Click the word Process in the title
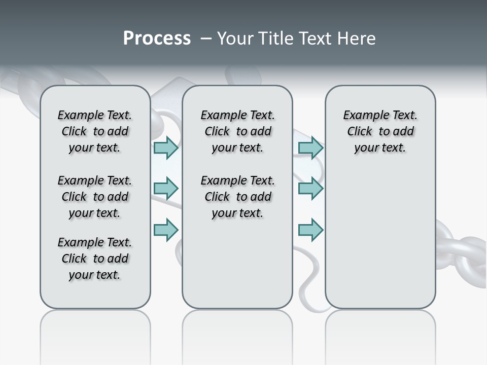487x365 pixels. tap(157, 38)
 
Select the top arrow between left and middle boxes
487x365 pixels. tap(166, 148)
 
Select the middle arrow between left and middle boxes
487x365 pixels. tap(166, 189)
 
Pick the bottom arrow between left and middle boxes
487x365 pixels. tap(166, 230)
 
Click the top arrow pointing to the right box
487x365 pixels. tap(310, 148)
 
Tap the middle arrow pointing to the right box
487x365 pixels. tap(310, 189)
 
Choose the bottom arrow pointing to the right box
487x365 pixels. tap(310, 230)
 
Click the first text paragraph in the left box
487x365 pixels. tap(95, 131)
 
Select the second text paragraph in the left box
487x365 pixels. tap(95, 197)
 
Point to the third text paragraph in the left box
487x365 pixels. tap(95, 259)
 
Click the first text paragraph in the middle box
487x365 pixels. tap(237, 131)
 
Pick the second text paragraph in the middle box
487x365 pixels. tap(237, 197)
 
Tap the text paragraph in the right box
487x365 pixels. tap(380, 131)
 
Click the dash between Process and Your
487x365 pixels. tap(206, 39)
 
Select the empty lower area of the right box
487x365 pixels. tap(380, 243)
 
